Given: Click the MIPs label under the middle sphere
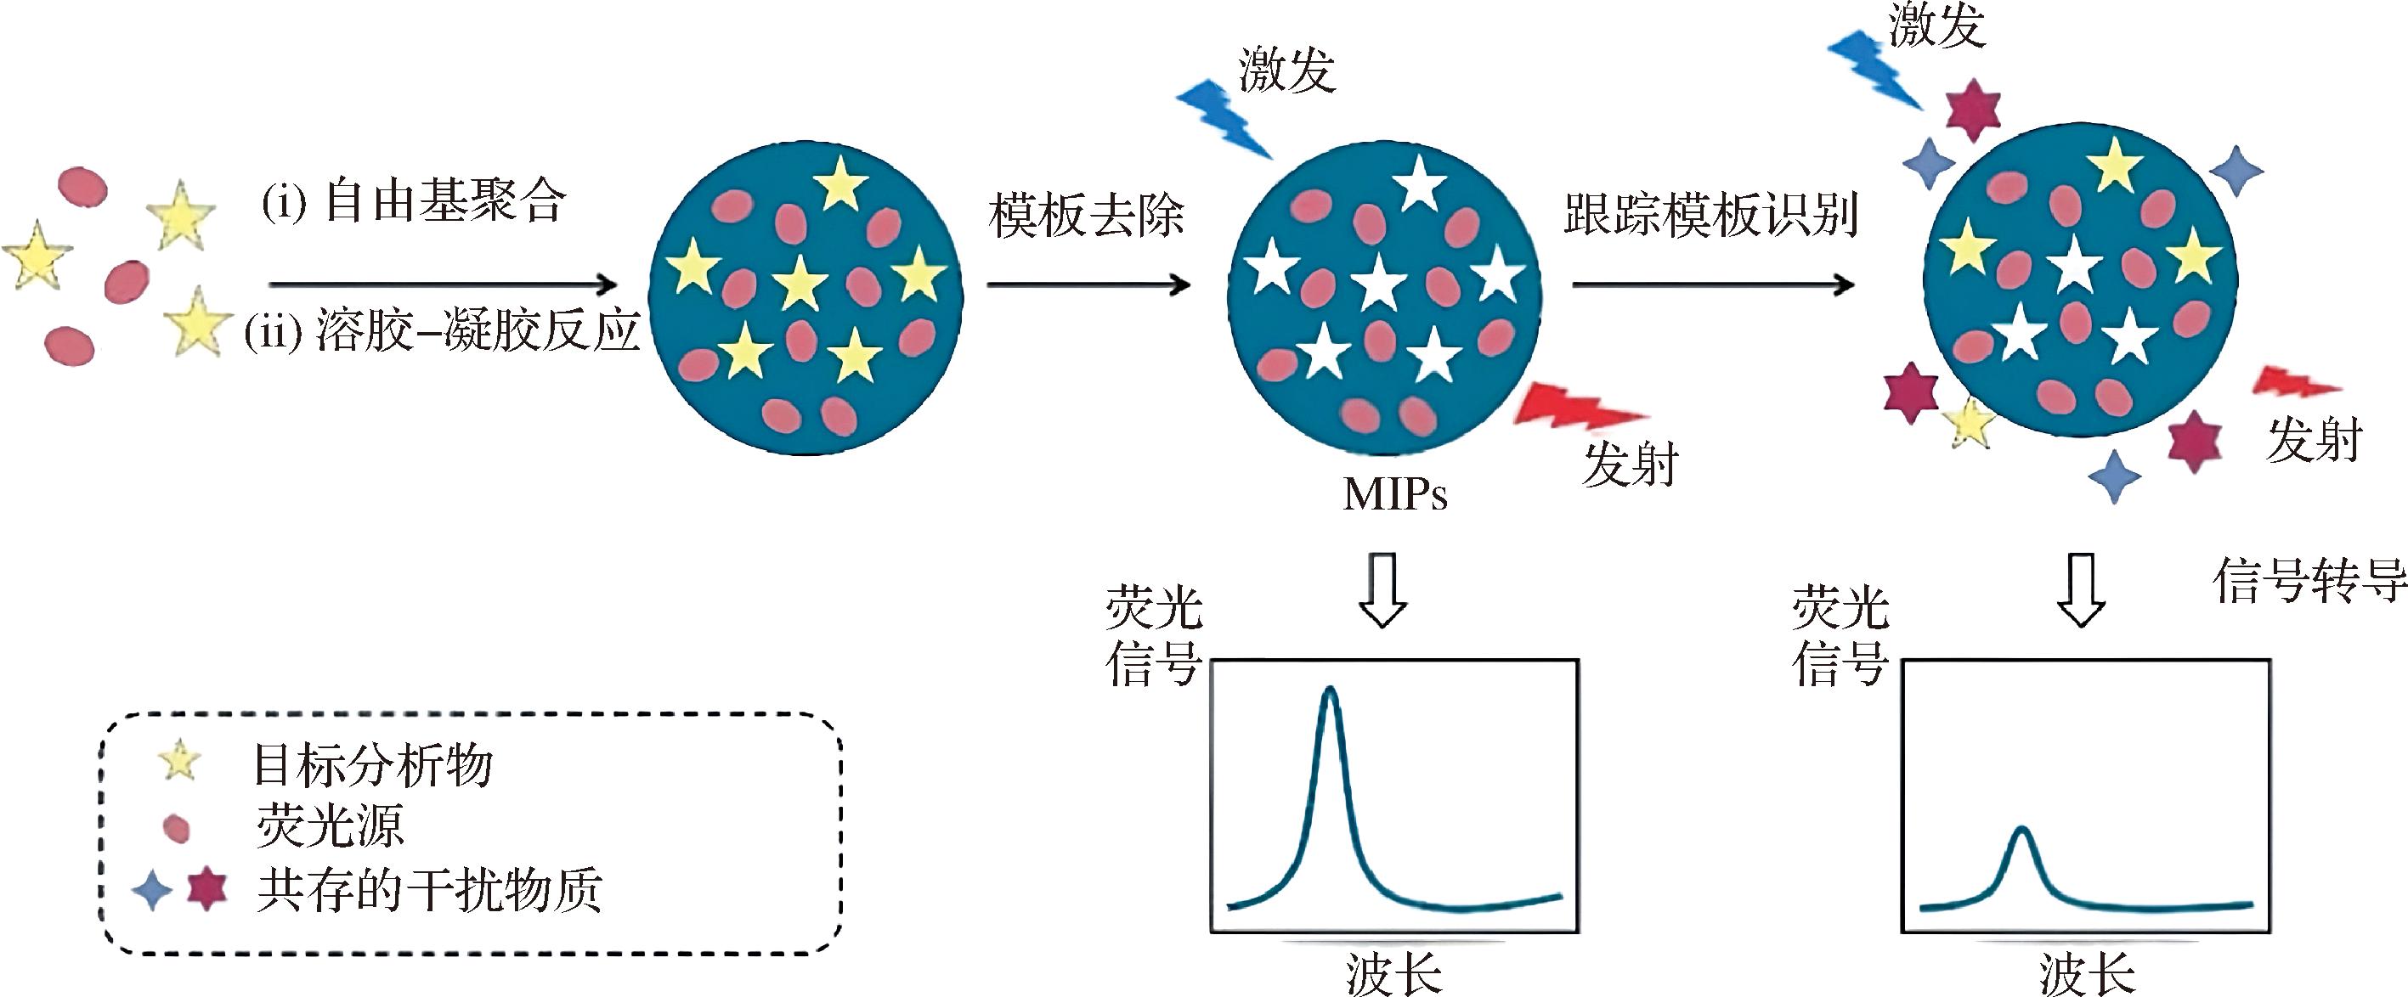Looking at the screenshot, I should tap(1393, 494).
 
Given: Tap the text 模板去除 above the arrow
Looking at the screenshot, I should tap(1086, 216).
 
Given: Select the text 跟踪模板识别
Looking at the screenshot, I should tap(1710, 215).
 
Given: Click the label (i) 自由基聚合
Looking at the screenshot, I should tap(414, 202).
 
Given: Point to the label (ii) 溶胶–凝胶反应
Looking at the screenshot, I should tap(441, 330).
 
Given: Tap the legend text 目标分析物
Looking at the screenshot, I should tap(372, 765).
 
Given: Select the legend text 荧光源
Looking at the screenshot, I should tap(330, 826).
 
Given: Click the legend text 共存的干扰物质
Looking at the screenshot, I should tap(429, 889).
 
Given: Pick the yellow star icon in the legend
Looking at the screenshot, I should tap(178, 760).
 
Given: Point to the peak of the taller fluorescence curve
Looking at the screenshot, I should tap(1331, 691).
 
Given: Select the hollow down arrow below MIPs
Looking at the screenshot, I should tap(1382, 589).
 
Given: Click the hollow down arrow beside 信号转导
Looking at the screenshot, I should tap(2082, 589).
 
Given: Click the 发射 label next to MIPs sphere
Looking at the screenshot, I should tap(1631, 465).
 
